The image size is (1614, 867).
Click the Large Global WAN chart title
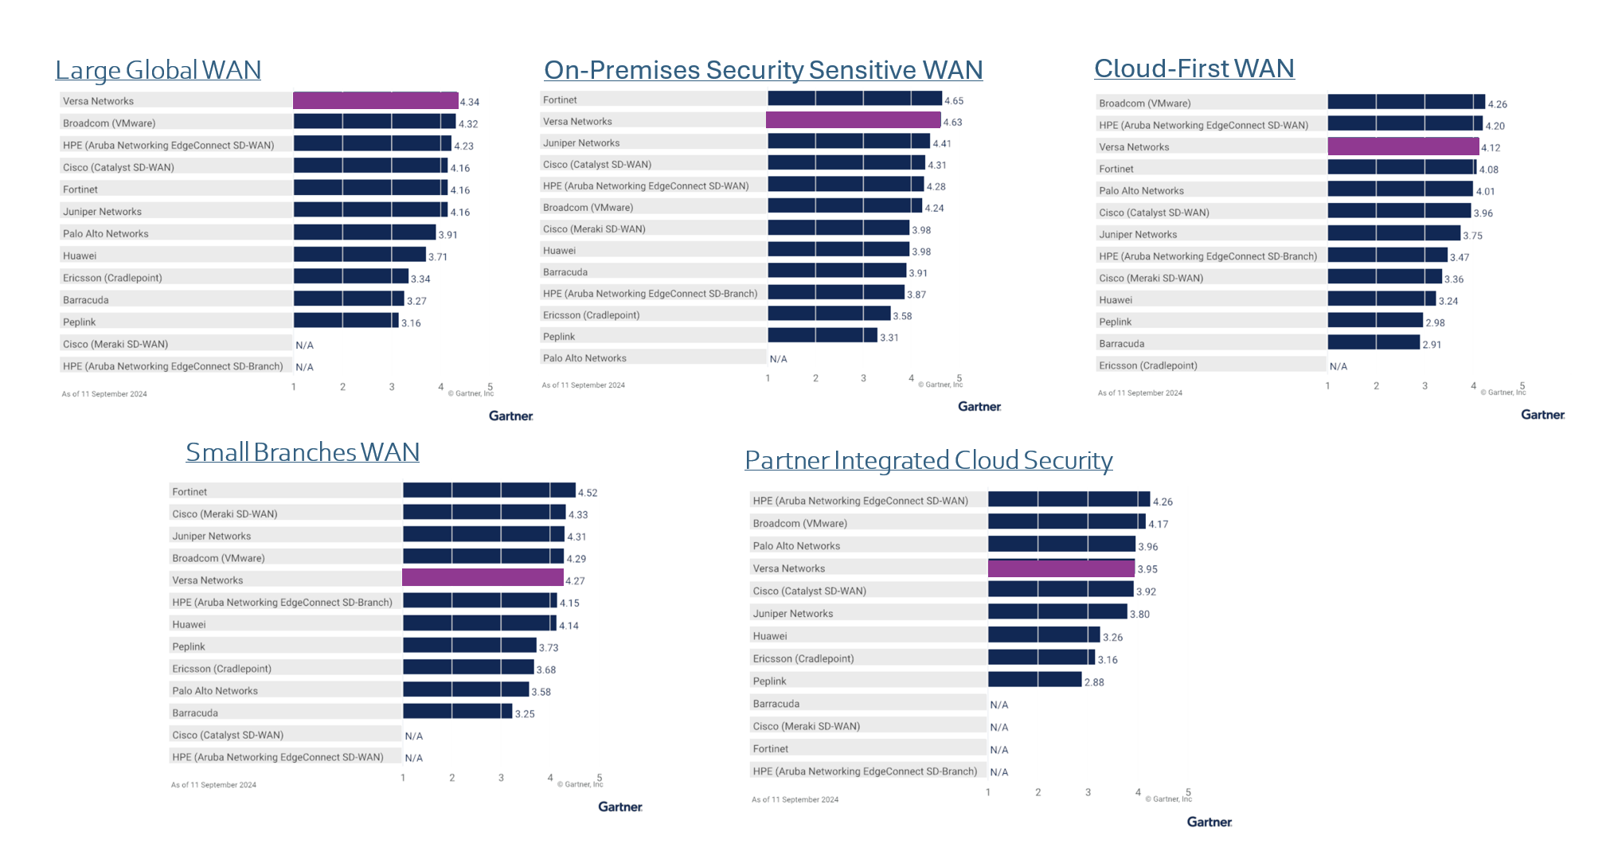tap(158, 70)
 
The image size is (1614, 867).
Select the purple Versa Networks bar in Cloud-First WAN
tap(1402, 146)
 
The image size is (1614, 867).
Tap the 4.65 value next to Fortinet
tap(953, 101)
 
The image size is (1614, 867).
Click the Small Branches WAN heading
tap(302, 452)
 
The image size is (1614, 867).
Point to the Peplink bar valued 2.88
tap(1034, 680)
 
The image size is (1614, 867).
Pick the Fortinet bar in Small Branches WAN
tap(488, 490)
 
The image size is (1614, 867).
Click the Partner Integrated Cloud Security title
tap(928, 460)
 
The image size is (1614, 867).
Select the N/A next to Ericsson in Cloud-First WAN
tap(1338, 366)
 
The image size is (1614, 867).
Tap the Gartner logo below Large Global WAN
tap(510, 416)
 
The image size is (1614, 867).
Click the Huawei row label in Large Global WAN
tap(80, 256)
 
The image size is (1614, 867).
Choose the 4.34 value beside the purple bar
tap(469, 102)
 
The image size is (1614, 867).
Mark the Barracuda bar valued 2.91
tap(1373, 343)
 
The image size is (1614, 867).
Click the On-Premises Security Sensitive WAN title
tap(763, 70)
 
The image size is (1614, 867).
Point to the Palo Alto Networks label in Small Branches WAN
tap(215, 690)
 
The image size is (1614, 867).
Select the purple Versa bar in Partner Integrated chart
tap(1061, 568)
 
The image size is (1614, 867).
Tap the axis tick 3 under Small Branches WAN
tap(501, 778)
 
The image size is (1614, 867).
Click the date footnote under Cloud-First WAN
tap(1139, 392)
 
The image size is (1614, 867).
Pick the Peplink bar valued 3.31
tap(822, 336)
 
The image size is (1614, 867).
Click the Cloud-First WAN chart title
tap(1194, 68)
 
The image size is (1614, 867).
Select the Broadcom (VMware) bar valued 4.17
tap(1066, 522)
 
